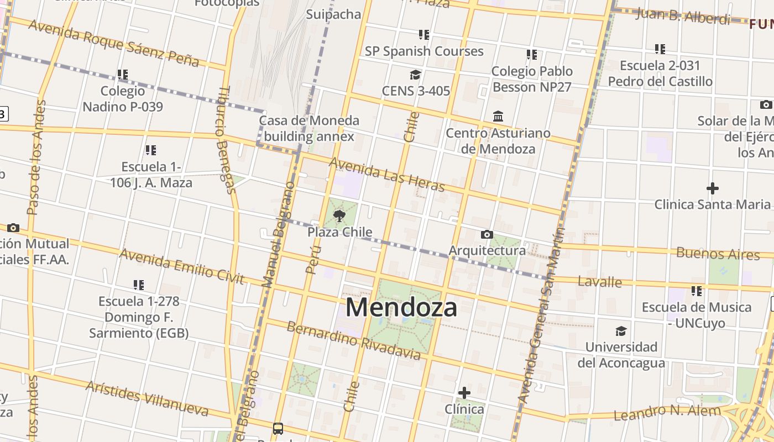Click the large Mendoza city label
[x=401, y=308]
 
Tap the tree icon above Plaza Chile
[x=339, y=215]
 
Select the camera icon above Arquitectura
[x=487, y=235]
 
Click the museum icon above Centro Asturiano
[x=498, y=117]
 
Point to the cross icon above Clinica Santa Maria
[x=712, y=188]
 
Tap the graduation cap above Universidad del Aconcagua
[x=621, y=331]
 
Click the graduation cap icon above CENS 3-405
[x=415, y=75]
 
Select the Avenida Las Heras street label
[x=387, y=174]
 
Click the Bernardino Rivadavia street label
[x=354, y=340]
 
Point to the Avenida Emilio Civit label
[x=181, y=266]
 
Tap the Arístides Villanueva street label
[x=147, y=398]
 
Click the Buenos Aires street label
[x=718, y=254]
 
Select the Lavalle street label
[x=600, y=282]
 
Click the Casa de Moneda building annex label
[x=309, y=128]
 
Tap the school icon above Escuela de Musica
[x=696, y=291]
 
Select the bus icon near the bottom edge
[x=278, y=428]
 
